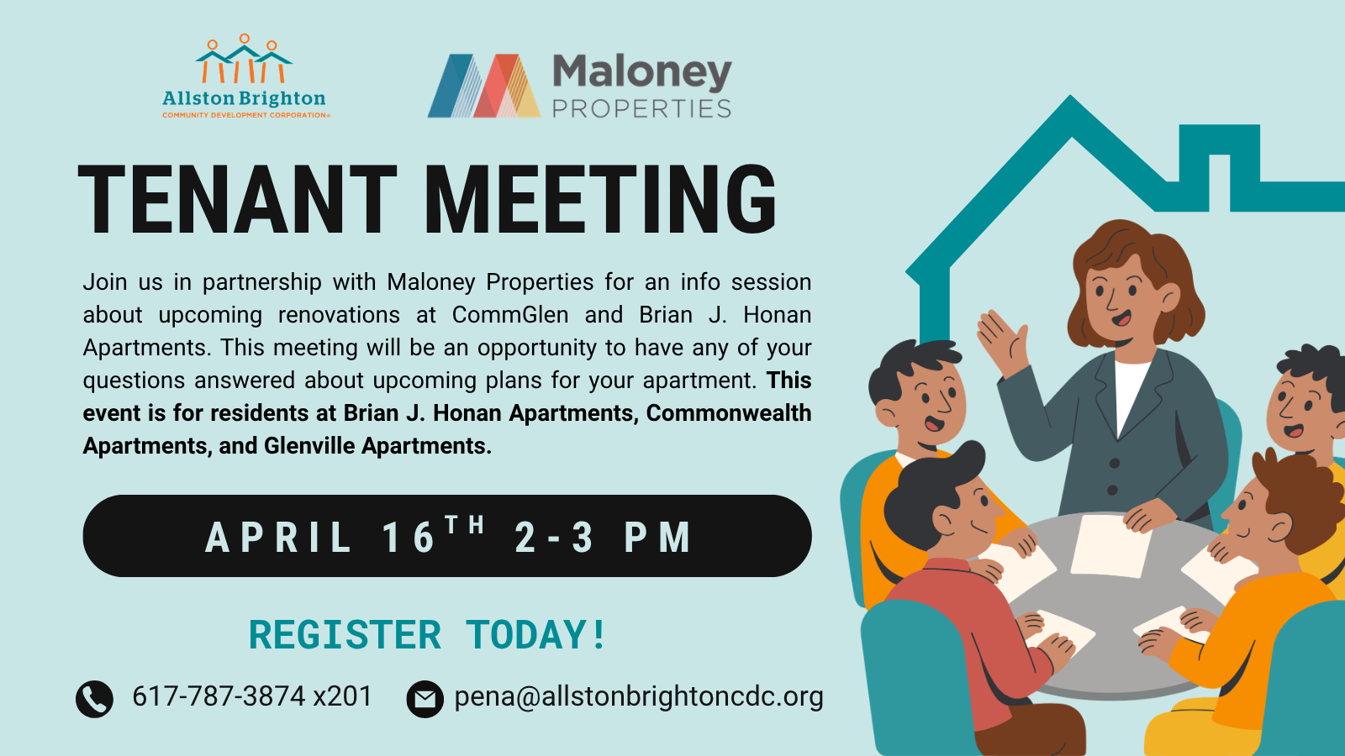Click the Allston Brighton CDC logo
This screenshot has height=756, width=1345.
tap(245, 76)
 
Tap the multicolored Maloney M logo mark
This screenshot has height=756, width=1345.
tap(484, 86)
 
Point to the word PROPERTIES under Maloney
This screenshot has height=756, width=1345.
tap(641, 108)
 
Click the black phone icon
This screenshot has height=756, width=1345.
tap(94, 699)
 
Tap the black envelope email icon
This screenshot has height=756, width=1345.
tap(425, 699)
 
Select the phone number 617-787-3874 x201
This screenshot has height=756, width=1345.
tap(252, 696)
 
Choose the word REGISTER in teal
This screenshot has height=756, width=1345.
tap(345, 635)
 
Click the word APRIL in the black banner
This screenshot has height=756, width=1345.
tap(279, 537)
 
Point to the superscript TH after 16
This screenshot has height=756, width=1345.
tap(465, 525)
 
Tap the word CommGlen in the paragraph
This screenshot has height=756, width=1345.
tap(510, 315)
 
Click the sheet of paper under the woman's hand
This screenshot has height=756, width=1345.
tap(1110, 546)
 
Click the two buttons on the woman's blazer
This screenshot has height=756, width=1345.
tap(1114, 477)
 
